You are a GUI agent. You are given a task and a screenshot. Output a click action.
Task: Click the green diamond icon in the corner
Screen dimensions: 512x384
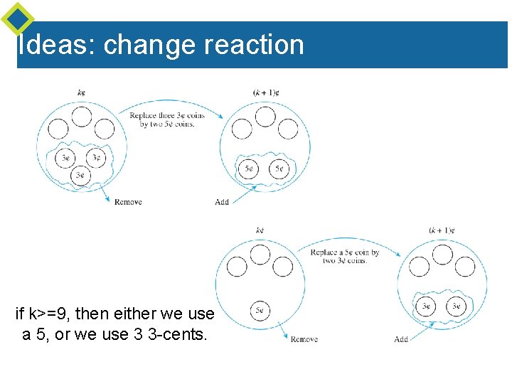click(x=18, y=18)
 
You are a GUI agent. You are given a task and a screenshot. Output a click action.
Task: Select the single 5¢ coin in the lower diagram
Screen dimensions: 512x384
click(x=260, y=310)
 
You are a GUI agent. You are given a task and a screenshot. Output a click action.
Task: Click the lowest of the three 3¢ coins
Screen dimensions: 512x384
click(x=80, y=174)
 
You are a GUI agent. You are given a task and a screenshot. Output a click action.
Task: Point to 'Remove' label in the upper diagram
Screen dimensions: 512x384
click(x=128, y=202)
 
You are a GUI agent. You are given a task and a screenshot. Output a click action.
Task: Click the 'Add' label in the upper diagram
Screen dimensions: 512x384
click(x=222, y=202)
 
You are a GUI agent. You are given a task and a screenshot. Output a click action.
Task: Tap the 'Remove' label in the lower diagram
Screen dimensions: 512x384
click(x=304, y=339)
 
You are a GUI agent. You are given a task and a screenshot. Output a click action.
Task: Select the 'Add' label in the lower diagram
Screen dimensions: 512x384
click(x=401, y=339)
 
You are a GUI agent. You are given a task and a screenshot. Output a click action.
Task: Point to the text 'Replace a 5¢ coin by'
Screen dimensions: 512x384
click(x=345, y=252)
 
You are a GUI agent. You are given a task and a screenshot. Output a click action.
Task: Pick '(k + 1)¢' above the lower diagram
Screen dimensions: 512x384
click(x=442, y=230)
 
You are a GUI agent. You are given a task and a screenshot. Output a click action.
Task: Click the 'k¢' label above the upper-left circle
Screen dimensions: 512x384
click(x=81, y=92)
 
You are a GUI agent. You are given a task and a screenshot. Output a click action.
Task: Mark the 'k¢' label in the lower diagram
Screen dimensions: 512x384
click(x=260, y=230)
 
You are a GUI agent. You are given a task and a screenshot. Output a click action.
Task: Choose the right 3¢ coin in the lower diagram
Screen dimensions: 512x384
click(x=456, y=306)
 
